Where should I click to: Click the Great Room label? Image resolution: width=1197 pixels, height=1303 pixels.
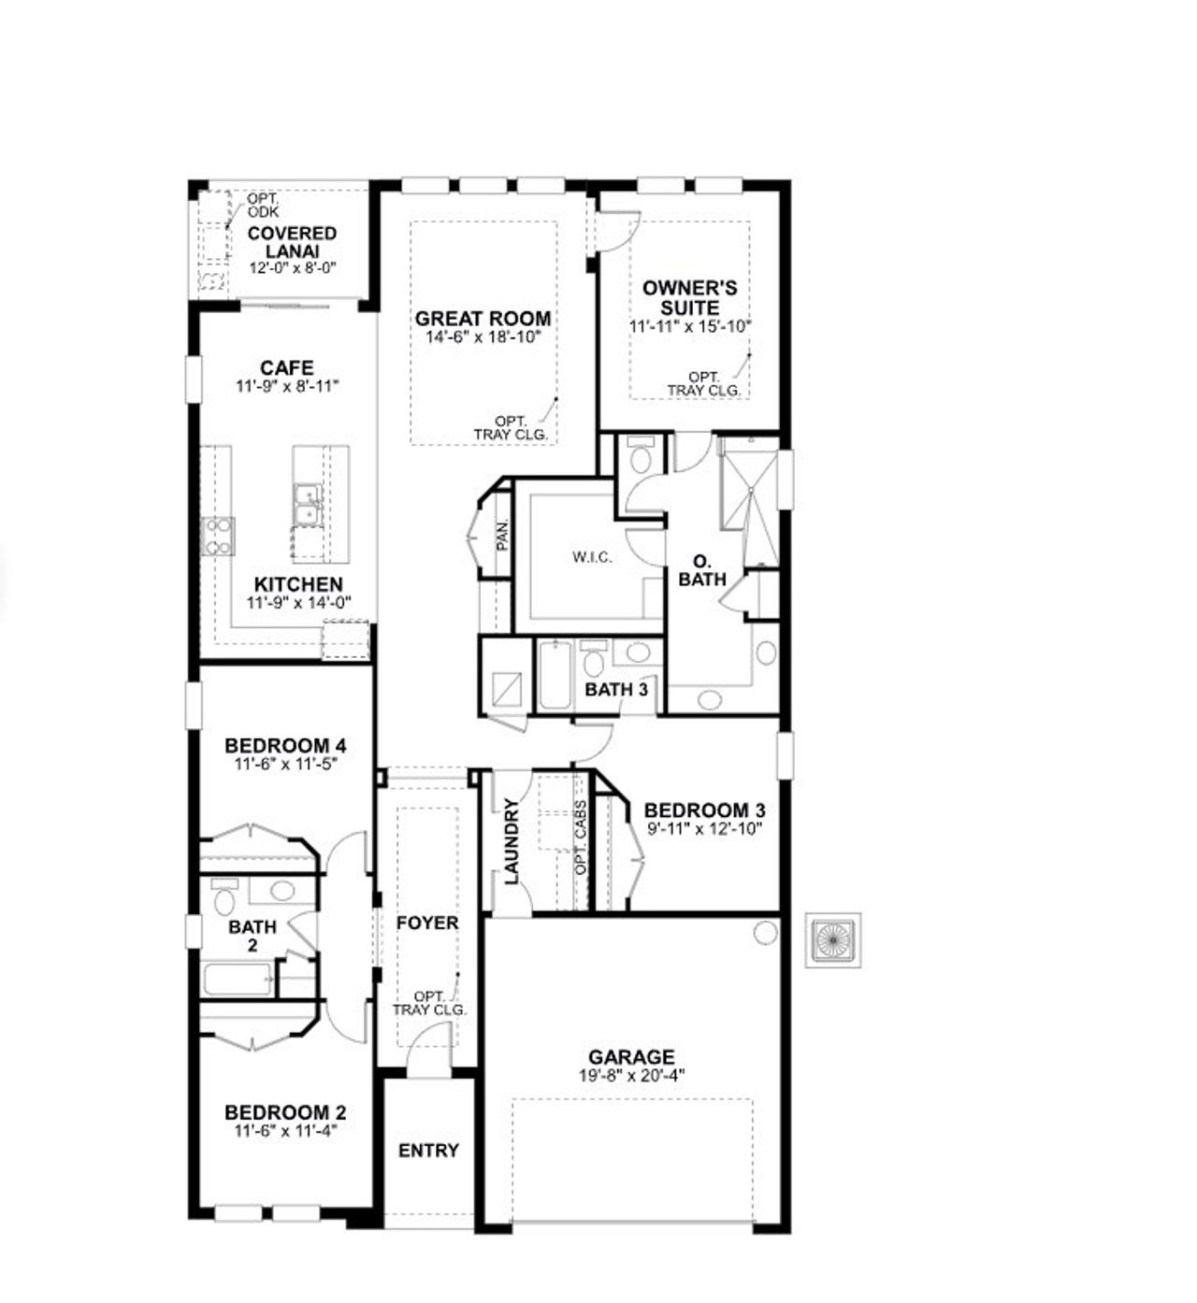point(483,319)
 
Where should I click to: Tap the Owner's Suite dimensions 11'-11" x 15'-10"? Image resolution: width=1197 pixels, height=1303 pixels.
point(690,327)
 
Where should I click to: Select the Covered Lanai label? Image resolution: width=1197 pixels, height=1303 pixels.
point(292,242)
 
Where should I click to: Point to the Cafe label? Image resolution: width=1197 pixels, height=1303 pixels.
point(287,367)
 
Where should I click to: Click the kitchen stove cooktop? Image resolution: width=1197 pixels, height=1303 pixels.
point(219,537)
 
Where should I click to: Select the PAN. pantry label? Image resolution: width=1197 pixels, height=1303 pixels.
point(502,534)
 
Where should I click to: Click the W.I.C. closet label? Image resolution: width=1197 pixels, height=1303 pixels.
point(592,558)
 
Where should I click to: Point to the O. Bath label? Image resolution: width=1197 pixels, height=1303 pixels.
point(702,570)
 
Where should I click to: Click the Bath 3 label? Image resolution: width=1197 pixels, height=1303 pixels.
point(616,690)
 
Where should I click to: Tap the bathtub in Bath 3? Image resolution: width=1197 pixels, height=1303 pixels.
point(554,675)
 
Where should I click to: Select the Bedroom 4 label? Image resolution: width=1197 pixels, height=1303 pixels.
point(285,746)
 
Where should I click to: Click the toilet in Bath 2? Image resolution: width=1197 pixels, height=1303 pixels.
point(224,900)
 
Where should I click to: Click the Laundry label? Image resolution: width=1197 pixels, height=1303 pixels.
point(512,841)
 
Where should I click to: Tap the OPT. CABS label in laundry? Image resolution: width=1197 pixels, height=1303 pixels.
point(581,838)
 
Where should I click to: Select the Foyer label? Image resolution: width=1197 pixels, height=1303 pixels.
point(427,924)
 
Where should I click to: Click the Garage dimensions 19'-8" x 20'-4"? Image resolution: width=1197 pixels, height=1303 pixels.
point(631,1076)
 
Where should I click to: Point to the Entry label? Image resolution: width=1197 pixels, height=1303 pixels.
point(428,1151)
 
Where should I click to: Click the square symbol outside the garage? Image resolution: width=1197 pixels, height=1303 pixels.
point(833,939)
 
